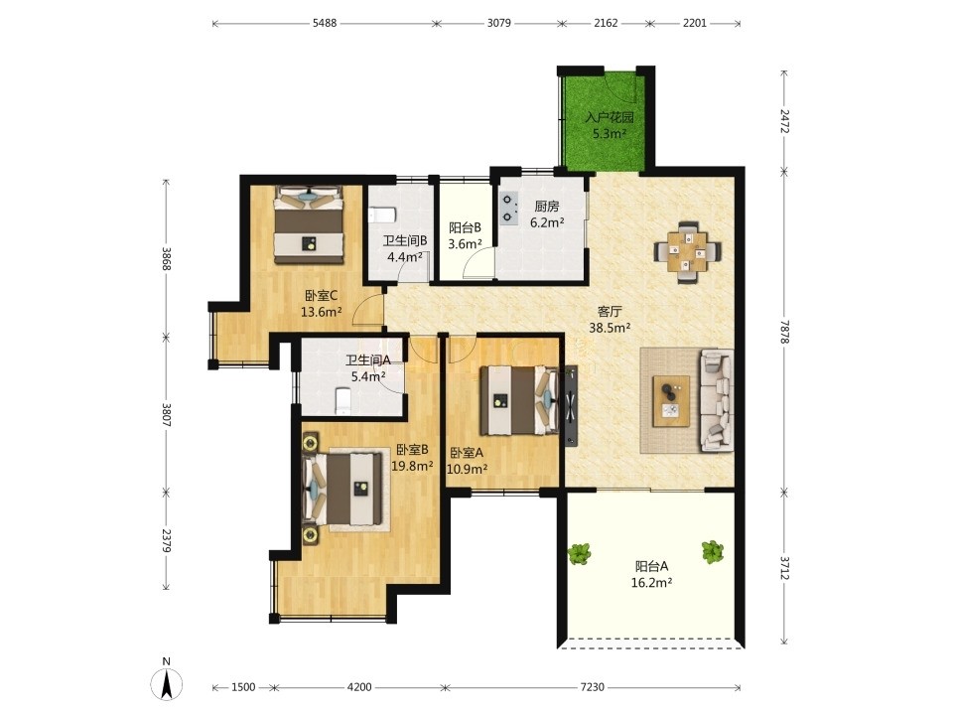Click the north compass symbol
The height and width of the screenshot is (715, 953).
(x=167, y=679)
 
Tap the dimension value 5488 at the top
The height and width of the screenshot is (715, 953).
(x=325, y=23)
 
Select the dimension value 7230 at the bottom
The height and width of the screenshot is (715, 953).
(x=593, y=687)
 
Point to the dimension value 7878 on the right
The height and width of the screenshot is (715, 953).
(x=784, y=332)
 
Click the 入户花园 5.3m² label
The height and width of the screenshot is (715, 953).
(x=609, y=125)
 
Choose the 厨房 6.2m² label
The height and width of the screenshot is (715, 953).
(x=547, y=214)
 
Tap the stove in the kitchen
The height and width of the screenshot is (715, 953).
(x=508, y=209)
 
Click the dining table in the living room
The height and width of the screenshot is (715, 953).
(x=688, y=251)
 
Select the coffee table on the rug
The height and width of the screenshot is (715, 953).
(x=671, y=400)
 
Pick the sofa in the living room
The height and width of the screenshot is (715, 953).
(x=717, y=400)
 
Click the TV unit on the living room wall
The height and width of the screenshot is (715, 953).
(x=572, y=405)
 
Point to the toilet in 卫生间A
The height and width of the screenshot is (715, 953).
(x=343, y=401)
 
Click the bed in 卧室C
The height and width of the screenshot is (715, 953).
(x=310, y=224)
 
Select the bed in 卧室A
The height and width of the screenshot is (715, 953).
(x=519, y=400)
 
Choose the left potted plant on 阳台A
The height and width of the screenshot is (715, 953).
(x=579, y=553)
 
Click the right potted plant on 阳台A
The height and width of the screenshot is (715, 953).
(x=712, y=552)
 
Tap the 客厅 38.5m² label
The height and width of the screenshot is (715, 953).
(x=610, y=320)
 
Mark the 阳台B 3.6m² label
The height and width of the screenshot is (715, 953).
(x=465, y=236)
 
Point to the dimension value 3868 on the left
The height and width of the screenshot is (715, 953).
(x=167, y=258)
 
